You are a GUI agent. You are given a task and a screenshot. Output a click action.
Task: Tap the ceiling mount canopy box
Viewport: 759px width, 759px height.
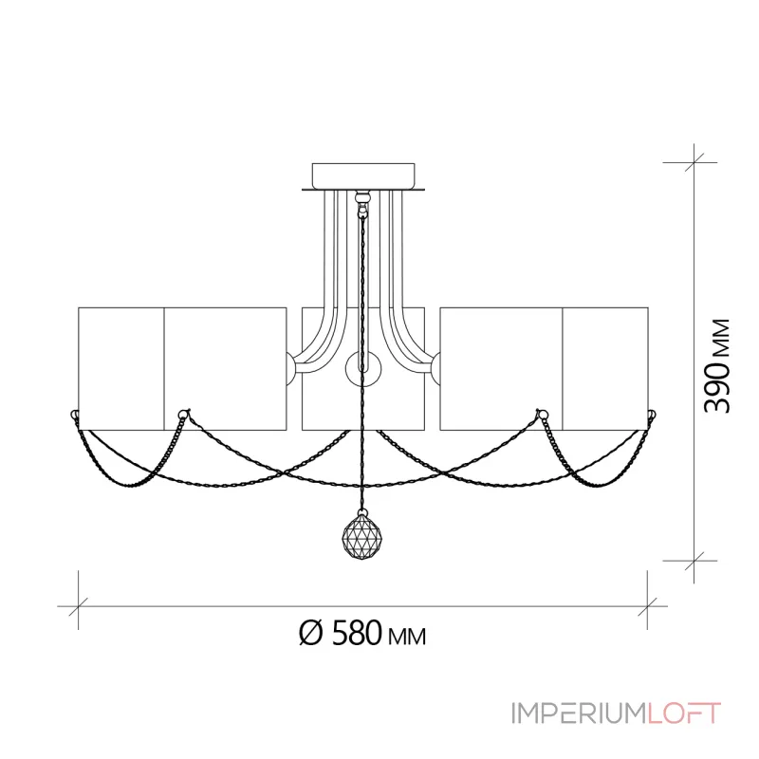pos(363,176)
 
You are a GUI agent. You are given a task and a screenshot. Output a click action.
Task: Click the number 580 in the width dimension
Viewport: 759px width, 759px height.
pos(357,633)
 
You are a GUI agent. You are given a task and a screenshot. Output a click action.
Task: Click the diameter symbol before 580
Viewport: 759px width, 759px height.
pos(310,633)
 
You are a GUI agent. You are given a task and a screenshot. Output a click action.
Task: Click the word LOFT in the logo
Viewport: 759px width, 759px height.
pos(684,713)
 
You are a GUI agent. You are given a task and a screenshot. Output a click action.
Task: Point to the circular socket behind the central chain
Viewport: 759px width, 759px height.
pos(363,369)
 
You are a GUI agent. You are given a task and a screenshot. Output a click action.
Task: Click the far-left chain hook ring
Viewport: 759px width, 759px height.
pos(75,415)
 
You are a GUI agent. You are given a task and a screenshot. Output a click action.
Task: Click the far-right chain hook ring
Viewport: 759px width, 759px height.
pos(652,415)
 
